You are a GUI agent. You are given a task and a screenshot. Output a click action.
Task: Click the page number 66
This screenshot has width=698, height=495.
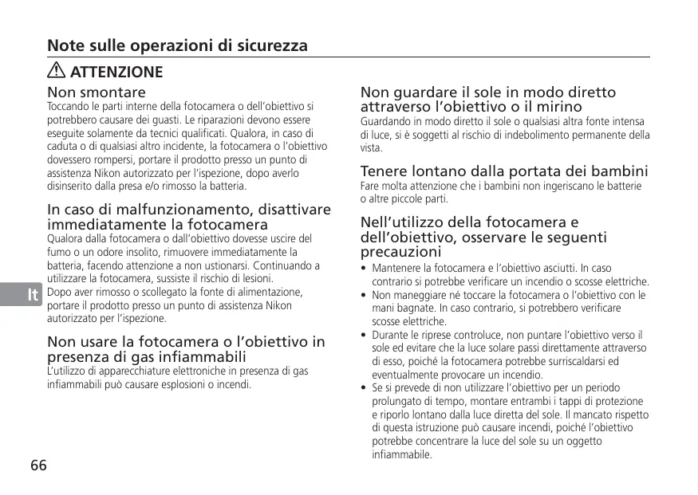(x=38, y=465)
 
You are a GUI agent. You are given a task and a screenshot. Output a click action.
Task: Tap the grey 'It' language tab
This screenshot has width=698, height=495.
(x=33, y=296)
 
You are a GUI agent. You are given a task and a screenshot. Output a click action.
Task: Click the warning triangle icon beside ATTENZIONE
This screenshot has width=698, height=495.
(x=57, y=72)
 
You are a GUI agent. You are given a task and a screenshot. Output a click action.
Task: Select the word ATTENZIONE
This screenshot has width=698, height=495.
(x=116, y=73)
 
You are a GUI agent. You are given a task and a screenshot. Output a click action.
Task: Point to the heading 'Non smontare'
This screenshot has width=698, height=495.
(x=97, y=93)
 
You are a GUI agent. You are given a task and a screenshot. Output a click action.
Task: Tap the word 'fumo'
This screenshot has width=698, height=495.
(x=58, y=252)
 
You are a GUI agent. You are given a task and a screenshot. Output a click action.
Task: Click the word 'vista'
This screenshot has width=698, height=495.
(x=371, y=148)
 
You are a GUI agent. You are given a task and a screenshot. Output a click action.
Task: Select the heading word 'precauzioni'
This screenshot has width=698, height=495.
(x=401, y=252)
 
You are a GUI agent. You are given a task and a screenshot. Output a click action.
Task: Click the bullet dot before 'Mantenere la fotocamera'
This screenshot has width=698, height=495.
(x=364, y=269)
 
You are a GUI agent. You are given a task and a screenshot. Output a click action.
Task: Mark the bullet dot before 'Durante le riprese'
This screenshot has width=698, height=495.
(x=364, y=336)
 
